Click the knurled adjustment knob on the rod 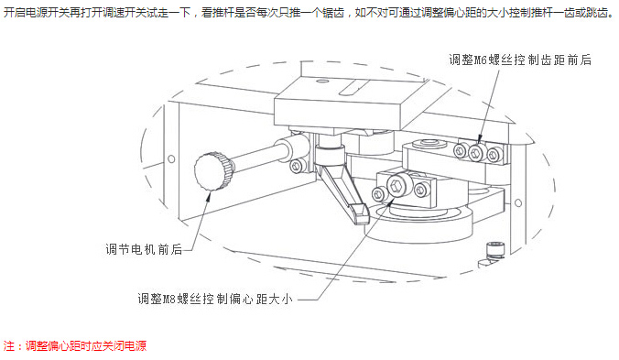point(213,171)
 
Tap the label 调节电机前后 point(144,249)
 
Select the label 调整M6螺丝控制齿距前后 point(520,60)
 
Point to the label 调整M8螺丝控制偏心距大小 point(215,299)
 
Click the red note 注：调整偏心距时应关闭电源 point(75,345)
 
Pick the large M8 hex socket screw point(396,185)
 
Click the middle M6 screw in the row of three point(478,151)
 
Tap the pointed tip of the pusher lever point(362,220)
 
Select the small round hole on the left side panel point(171,158)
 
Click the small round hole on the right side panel point(518,202)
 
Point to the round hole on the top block point(321,82)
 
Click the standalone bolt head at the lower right point(495,250)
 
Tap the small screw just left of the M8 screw point(378,194)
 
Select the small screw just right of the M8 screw point(421,191)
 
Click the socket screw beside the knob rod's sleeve point(297,166)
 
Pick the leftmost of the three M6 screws point(461,150)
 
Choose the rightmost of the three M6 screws point(494,154)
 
